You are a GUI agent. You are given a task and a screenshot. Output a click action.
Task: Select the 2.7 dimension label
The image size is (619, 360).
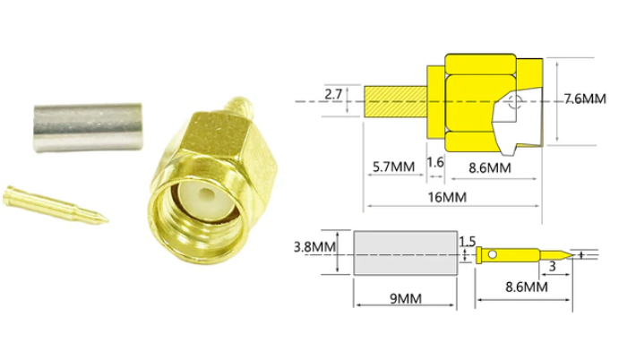click(333, 93)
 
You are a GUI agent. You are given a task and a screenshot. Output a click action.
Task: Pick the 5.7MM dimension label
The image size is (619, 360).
click(391, 167)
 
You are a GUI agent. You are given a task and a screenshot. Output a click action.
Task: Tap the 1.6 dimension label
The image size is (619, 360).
click(435, 162)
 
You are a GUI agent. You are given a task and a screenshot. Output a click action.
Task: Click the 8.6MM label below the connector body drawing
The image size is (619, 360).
click(489, 167)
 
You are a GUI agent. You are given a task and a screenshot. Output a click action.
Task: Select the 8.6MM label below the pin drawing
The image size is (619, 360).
click(524, 287)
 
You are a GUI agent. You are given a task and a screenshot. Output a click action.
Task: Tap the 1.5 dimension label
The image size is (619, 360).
click(467, 242)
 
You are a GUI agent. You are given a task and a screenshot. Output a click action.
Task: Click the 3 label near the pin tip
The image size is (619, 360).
click(552, 267)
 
